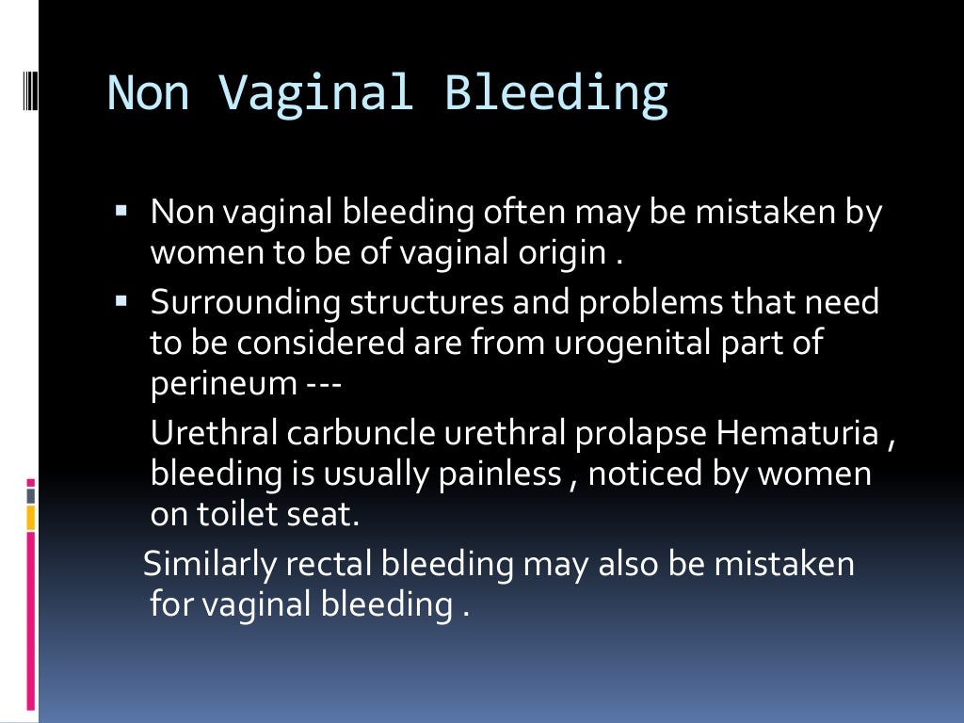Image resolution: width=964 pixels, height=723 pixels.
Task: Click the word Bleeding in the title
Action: coord(556,93)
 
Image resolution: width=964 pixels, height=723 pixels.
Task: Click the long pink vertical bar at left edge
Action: coord(31,621)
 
